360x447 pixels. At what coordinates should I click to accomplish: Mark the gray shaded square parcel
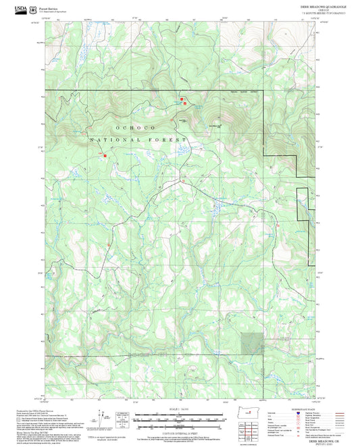coord(253,342)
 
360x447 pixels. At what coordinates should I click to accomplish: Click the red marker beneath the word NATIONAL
coord(105,156)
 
